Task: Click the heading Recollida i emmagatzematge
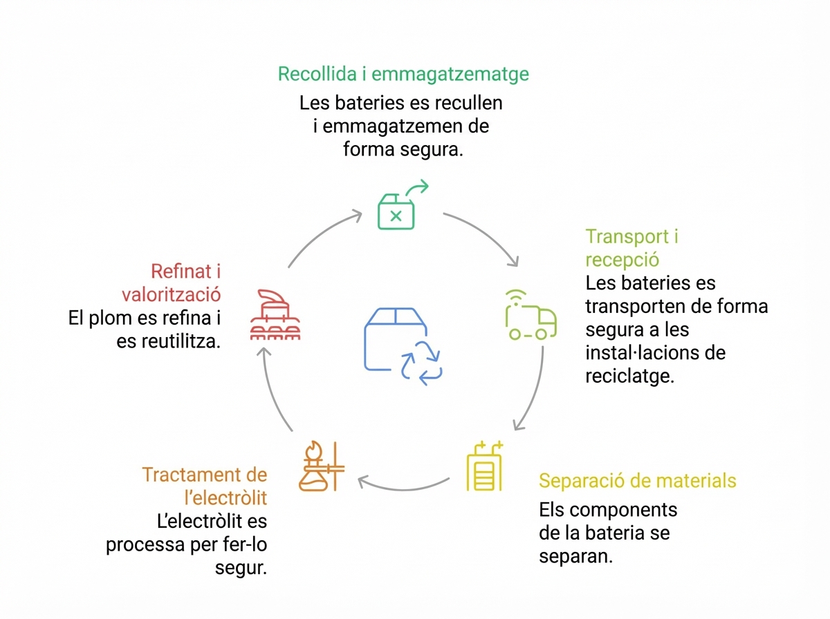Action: coord(403,74)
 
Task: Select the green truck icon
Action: coord(531,316)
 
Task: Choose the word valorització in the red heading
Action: coord(171,294)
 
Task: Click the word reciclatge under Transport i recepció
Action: coord(629,377)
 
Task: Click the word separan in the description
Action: coord(575,557)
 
